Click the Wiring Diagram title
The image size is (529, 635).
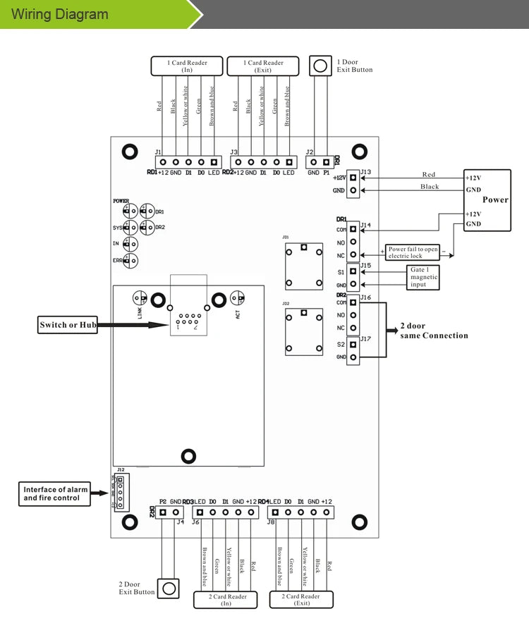[x=61, y=14]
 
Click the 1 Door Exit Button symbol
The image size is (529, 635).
[x=320, y=66]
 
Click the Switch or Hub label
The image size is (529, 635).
[x=68, y=325]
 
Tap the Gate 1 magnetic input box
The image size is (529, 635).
[x=424, y=278]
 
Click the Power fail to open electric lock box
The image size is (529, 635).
[x=413, y=252]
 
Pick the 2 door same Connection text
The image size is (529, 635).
[x=434, y=331]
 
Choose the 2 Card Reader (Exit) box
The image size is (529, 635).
[x=302, y=600]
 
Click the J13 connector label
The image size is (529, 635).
[x=365, y=171]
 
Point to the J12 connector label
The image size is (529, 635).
[x=121, y=470]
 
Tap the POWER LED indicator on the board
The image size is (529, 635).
[x=128, y=211]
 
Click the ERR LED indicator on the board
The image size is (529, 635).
[x=129, y=261]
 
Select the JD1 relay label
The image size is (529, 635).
[x=286, y=238]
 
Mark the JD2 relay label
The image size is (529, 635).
[x=286, y=304]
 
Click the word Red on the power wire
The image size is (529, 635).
[x=429, y=174]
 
